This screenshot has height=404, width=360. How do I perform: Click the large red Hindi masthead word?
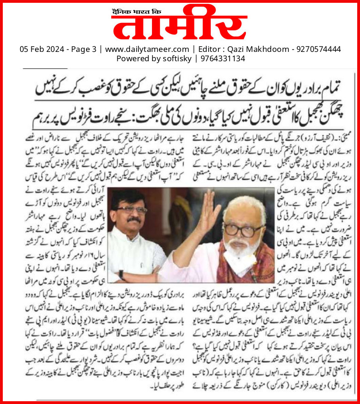pyautogui.click(x=180, y=24)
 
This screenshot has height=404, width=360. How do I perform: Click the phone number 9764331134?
pyautogui.click(x=219, y=58)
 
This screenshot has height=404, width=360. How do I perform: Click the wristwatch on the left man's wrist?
pyautogui.click(x=121, y=274)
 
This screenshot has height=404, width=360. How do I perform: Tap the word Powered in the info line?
pyautogui.click(x=132, y=58)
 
